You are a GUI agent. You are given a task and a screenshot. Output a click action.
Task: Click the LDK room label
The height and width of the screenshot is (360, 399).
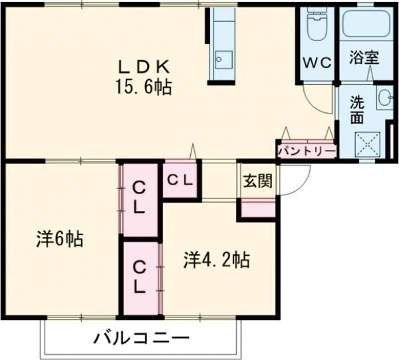point(146,66)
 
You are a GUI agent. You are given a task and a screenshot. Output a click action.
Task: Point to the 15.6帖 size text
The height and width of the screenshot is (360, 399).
point(145,86)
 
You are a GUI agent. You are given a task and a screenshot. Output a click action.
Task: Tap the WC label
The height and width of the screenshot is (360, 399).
point(317,62)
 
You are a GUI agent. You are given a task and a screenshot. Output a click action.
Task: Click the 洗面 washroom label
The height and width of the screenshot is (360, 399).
point(358,111)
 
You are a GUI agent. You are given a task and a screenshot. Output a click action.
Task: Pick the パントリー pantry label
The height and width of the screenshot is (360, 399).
point(306,152)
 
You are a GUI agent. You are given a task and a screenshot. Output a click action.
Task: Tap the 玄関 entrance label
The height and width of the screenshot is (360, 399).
point(257,181)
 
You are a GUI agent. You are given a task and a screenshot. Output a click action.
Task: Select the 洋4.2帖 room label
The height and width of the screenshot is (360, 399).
point(216,260)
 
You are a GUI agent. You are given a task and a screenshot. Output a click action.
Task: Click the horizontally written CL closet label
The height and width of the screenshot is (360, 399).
point(180,179)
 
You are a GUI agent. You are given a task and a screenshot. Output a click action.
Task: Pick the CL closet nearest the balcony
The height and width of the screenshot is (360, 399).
point(140,277)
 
